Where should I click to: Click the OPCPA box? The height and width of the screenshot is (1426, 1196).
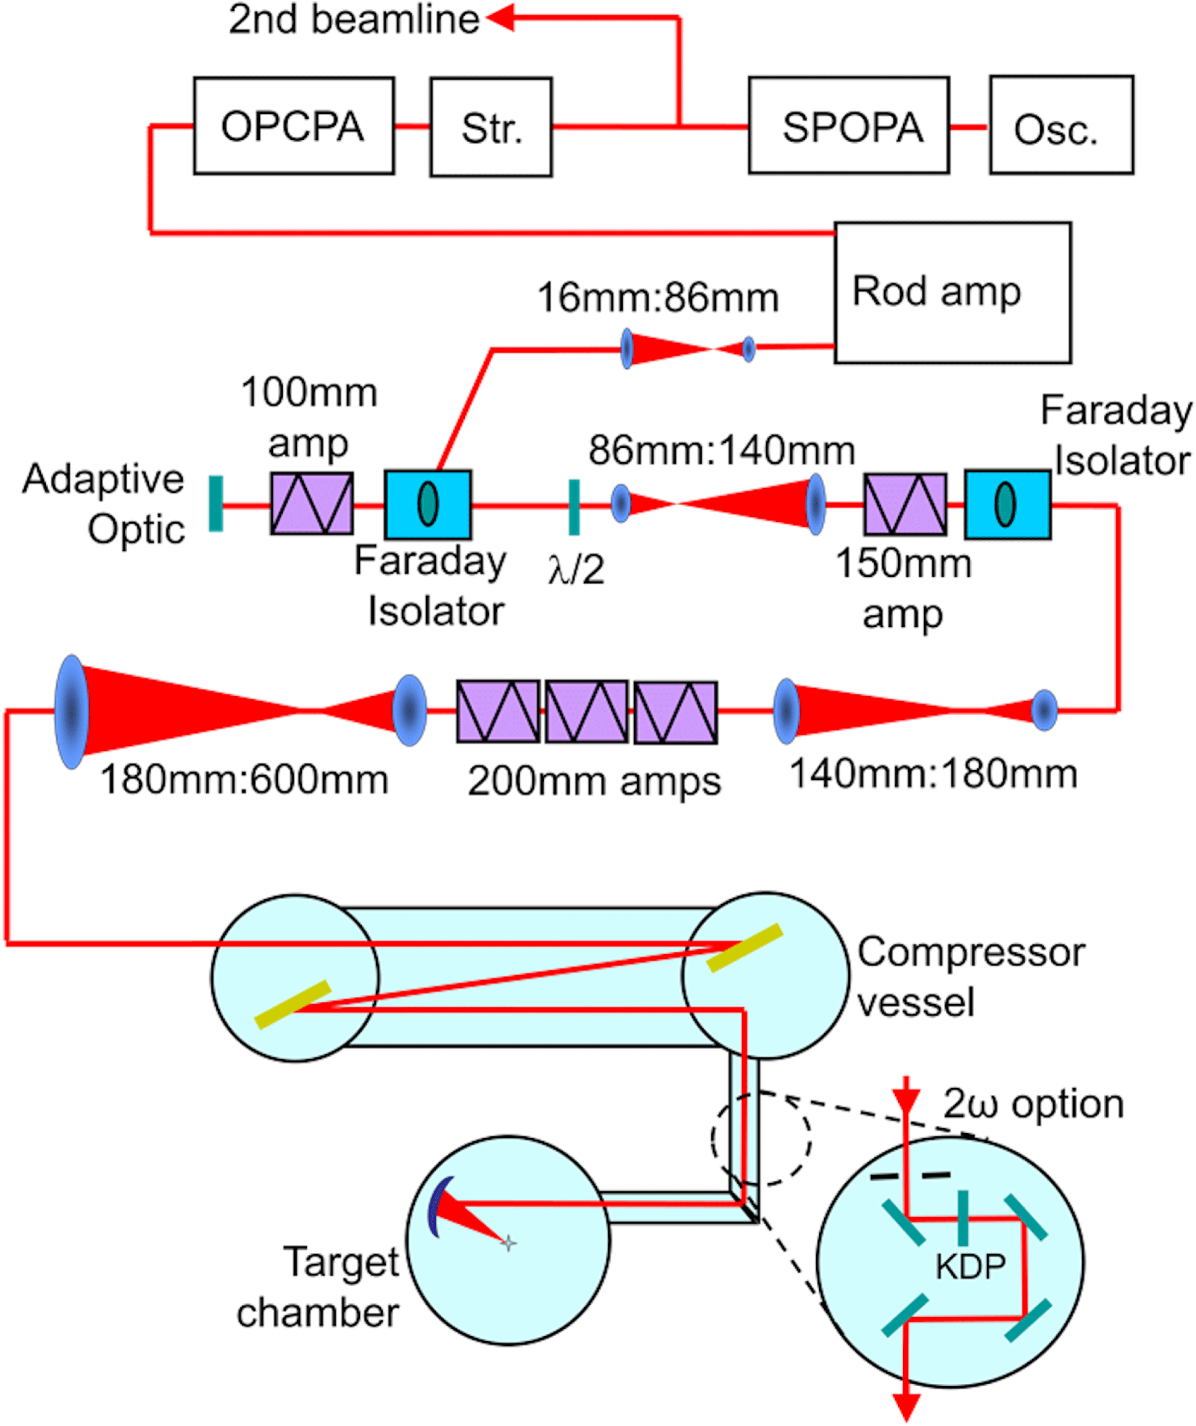point(294,127)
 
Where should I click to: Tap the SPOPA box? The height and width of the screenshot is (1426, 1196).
point(849,127)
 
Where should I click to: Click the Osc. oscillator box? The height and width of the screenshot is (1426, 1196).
point(1062,127)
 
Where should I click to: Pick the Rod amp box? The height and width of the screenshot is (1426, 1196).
point(952,293)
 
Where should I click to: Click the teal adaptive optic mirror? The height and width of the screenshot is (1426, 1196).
point(216,504)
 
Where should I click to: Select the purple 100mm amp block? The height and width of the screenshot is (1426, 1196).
point(312,504)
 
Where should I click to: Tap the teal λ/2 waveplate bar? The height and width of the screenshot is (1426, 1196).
point(574,507)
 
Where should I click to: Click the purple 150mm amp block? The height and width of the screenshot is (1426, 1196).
point(905,504)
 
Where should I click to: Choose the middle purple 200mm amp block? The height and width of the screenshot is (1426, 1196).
point(587,712)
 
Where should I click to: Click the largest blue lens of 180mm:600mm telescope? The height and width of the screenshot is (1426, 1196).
point(71,711)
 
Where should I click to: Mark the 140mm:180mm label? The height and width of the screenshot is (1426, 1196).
point(933,774)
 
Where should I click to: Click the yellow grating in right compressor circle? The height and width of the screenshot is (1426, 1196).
point(745,947)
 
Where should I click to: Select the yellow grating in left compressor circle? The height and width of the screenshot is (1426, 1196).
point(293,1004)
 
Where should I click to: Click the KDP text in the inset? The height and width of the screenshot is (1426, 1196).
point(971,1266)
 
